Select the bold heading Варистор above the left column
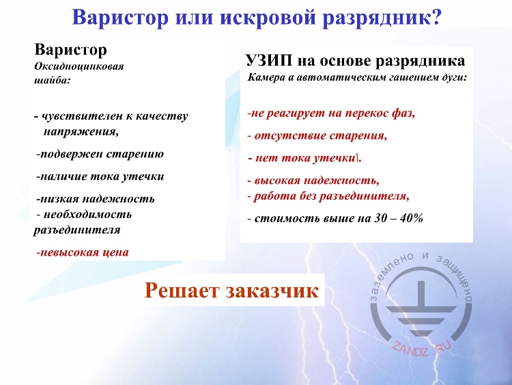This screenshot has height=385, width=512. [x=71, y=50]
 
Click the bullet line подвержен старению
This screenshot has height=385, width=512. [x=100, y=154]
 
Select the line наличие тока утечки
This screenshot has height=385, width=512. [x=100, y=176]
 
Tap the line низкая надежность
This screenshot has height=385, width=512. [x=96, y=199]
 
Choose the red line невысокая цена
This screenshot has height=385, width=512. [x=83, y=252]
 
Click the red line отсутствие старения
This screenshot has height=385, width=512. [x=317, y=135]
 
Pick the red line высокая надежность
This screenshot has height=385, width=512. [x=313, y=181]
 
